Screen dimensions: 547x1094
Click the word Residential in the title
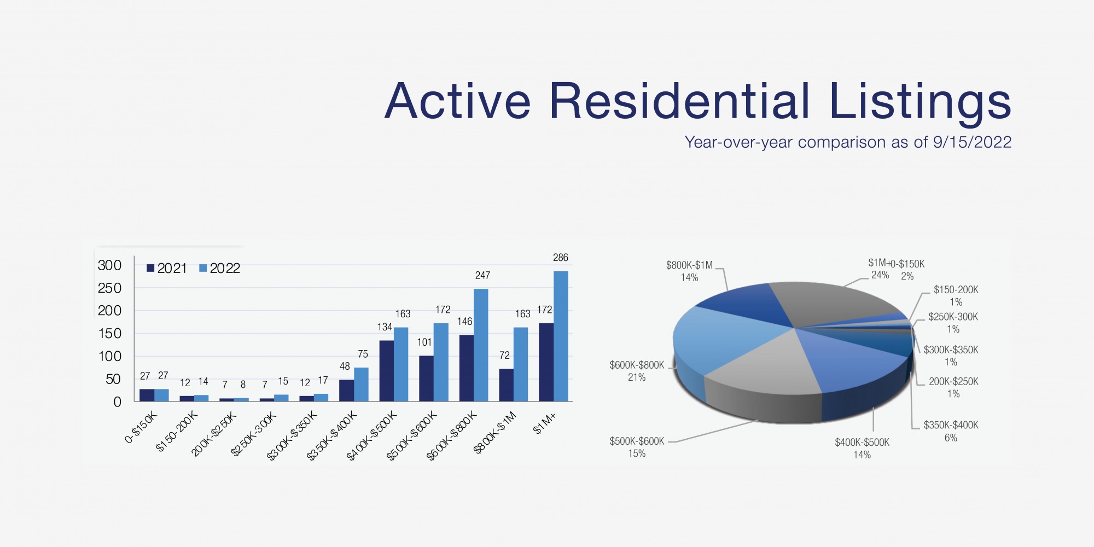679,101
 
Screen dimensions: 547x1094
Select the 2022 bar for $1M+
561,336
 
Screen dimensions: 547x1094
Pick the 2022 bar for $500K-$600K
441,362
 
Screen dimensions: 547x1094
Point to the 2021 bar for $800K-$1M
506,385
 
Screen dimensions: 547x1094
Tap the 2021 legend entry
167,268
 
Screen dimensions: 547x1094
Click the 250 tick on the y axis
109,288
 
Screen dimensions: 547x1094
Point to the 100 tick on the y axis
109,357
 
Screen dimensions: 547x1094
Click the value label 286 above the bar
561,258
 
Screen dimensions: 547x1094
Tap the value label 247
482,276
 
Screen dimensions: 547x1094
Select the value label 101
424,342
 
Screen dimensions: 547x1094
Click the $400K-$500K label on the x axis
373,435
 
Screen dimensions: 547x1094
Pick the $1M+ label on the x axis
545,423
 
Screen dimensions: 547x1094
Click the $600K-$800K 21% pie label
637,371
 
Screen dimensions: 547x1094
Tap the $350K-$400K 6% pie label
951,431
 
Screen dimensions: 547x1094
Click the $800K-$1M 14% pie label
689,271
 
